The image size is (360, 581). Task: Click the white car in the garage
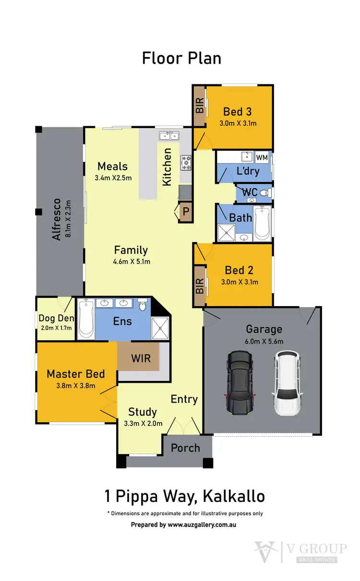(x=287, y=382)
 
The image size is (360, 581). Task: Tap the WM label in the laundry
(x=262, y=157)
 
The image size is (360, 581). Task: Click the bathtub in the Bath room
(x=262, y=223)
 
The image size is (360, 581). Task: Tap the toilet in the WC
(x=267, y=192)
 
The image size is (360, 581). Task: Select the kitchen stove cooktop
(x=186, y=163)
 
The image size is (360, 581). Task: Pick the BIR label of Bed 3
(x=199, y=106)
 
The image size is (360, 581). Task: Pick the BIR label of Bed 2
(x=199, y=286)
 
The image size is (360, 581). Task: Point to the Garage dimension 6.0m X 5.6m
(x=264, y=342)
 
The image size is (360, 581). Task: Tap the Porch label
(x=185, y=448)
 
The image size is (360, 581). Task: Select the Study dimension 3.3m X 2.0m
(x=143, y=424)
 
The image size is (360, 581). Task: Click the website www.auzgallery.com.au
(x=202, y=525)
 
